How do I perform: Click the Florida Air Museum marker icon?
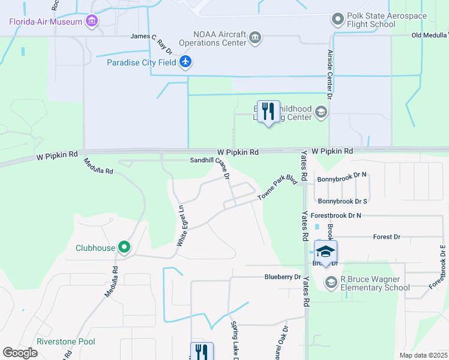(92, 22)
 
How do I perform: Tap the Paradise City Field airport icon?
(185, 61)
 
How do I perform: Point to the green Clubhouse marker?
(124, 247)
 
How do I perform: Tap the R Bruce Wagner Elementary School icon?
(331, 282)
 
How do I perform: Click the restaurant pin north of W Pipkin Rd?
(268, 112)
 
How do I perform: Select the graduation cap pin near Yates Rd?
(325, 252)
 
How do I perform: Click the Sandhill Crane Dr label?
(210, 167)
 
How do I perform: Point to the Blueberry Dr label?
(282, 277)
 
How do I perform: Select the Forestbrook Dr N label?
(342, 215)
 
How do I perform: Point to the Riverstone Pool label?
(65, 341)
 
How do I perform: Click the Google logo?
(20, 353)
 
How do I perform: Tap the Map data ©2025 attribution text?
(423, 355)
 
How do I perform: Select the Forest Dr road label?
(387, 237)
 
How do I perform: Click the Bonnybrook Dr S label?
(342, 201)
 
